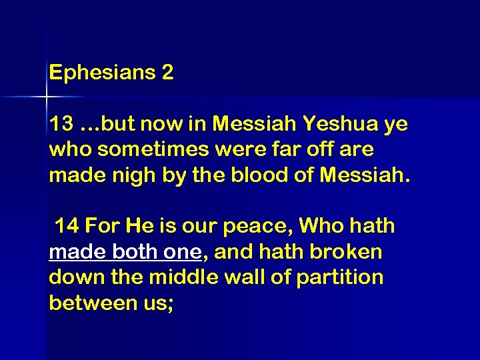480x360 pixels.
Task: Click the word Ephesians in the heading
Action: pos(102,73)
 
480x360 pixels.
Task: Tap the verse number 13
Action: pos(61,125)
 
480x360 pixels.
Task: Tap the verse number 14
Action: pos(67,227)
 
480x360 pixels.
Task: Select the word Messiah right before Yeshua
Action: pos(257,125)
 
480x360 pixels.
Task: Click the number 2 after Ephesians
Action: pos(167,73)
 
